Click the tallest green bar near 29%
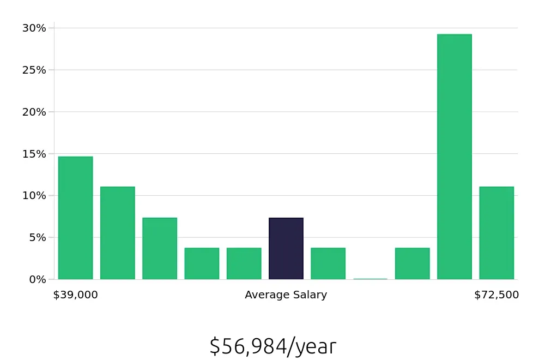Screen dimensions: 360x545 coord(454,157)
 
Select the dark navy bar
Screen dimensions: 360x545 coord(286,249)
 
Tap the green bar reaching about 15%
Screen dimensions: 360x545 coord(75,218)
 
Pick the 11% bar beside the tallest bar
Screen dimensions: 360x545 coord(496,233)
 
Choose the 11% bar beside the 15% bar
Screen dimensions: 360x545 coord(117,233)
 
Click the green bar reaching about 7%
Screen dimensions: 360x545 coord(160,249)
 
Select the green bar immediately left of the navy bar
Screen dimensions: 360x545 coord(244,263)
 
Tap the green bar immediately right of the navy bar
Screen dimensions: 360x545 coord(328,263)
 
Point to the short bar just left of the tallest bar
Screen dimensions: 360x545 coord(412,263)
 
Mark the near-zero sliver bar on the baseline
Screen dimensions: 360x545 coord(370,279)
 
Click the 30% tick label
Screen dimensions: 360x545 coord(34,28)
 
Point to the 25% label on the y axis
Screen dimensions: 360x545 coord(34,70)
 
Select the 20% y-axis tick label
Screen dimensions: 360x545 coord(34,112)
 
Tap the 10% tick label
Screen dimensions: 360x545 coord(34,195)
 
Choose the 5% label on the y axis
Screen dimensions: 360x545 coord(37,237)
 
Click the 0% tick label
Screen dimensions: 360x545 coord(37,279)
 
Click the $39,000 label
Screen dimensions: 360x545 coord(75,295)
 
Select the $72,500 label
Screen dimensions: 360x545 coord(496,295)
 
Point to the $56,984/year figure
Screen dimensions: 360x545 coord(273,347)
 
